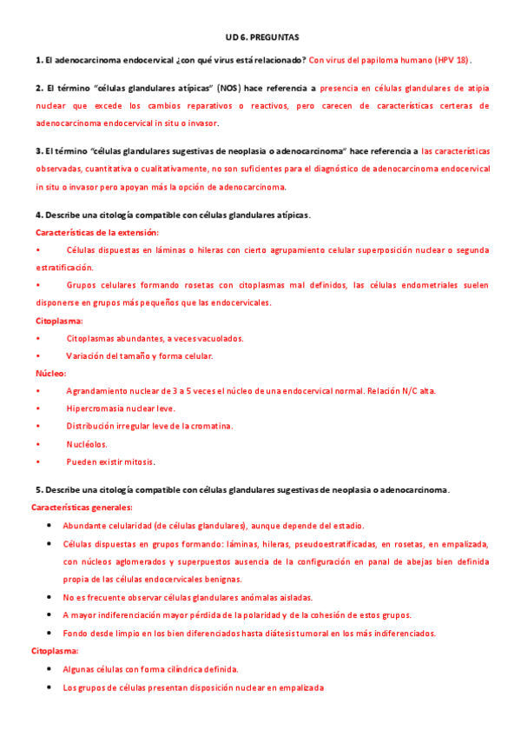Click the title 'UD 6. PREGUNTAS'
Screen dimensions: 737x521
click(261, 39)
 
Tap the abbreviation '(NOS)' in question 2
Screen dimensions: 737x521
click(229, 89)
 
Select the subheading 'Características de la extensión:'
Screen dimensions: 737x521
click(97, 232)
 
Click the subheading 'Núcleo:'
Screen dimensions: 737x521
click(50, 373)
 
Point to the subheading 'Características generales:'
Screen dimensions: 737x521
click(82, 508)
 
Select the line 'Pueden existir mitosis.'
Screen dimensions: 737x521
click(110, 461)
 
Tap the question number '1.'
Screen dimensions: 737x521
click(39, 60)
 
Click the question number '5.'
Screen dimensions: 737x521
click(39, 489)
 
